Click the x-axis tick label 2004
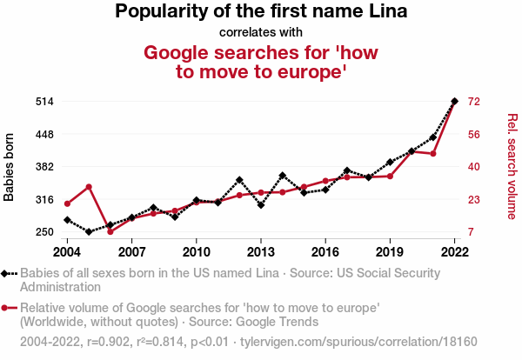[x=67, y=252]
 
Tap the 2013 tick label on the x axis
[x=260, y=252]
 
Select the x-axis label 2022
[x=454, y=252]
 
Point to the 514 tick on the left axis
[x=45, y=102]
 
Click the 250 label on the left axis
[x=45, y=232]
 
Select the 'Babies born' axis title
[x=10, y=167]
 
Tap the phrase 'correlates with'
[x=261, y=33]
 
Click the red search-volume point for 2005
[x=89, y=186]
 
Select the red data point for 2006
[x=110, y=232]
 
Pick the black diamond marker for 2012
[x=239, y=180]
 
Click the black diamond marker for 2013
[x=261, y=205]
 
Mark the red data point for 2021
[x=433, y=154]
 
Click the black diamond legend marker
[x=7, y=273]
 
